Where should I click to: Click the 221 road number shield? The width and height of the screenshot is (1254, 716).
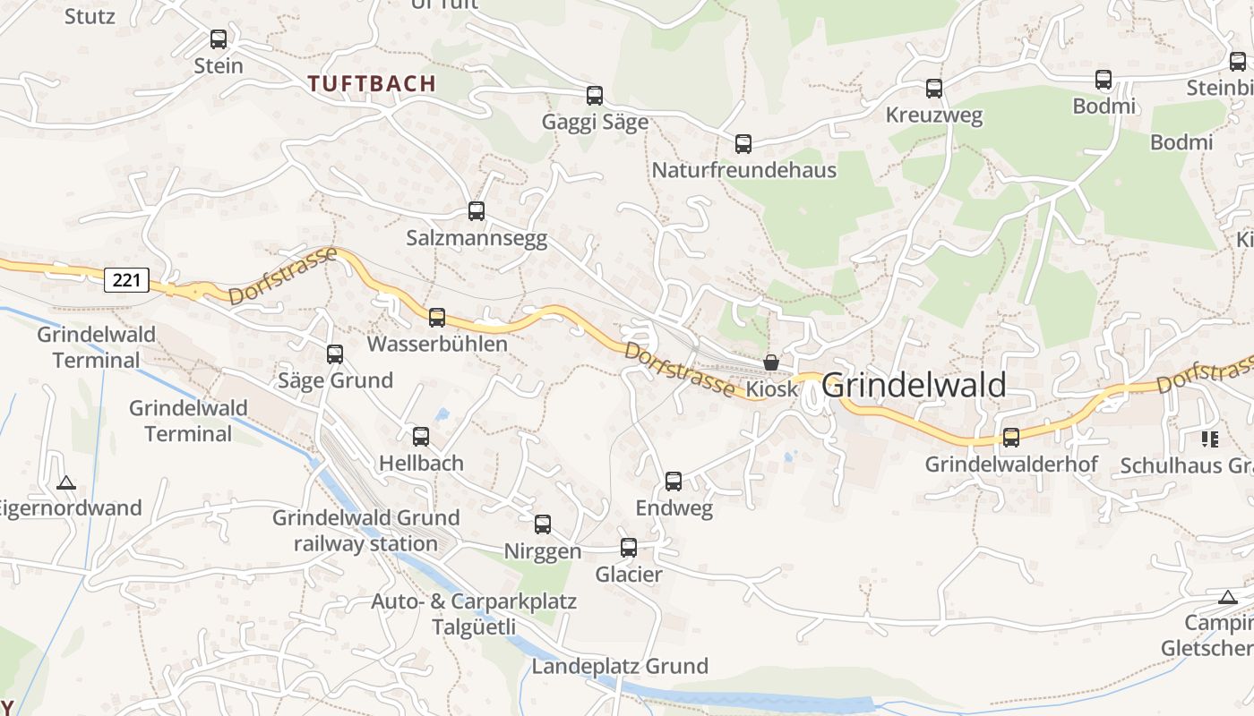pyautogui.click(x=126, y=280)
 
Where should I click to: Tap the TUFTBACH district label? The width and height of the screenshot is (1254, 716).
pyautogui.click(x=372, y=84)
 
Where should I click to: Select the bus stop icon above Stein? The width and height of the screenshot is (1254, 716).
pyautogui.click(x=219, y=39)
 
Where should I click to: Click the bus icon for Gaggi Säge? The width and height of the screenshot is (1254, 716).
pyautogui.click(x=595, y=96)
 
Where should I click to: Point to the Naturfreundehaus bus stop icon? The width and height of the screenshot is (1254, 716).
pyautogui.click(x=743, y=144)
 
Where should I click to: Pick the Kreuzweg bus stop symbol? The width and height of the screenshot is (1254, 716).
pyautogui.click(x=934, y=89)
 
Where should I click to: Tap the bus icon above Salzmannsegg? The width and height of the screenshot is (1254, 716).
pyautogui.click(x=477, y=212)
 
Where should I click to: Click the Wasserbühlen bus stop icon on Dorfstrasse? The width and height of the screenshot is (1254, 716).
pyautogui.click(x=437, y=318)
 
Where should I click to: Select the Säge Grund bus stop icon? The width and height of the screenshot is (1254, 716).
pyautogui.click(x=335, y=354)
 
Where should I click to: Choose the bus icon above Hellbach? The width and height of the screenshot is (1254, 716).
pyautogui.click(x=421, y=437)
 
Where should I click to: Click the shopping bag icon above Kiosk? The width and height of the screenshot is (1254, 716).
pyautogui.click(x=771, y=362)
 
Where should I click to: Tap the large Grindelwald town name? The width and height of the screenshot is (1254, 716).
pyautogui.click(x=914, y=386)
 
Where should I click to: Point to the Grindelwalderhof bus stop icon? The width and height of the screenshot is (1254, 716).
pyautogui.click(x=1011, y=438)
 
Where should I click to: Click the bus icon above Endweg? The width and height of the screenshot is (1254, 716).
pyautogui.click(x=674, y=482)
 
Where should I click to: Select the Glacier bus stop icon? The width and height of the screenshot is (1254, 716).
pyautogui.click(x=629, y=548)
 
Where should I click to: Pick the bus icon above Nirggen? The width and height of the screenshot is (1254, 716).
pyautogui.click(x=543, y=524)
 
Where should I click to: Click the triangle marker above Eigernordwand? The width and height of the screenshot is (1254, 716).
pyautogui.click(x=66, y=483)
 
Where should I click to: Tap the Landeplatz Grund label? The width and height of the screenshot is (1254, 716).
pyautogui.click(x=620, y=666)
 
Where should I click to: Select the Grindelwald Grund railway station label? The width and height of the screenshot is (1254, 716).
pyautogui.click(x=365, y=531)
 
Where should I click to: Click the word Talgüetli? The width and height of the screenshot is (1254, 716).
pyautogui.click(x=474, y=627)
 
